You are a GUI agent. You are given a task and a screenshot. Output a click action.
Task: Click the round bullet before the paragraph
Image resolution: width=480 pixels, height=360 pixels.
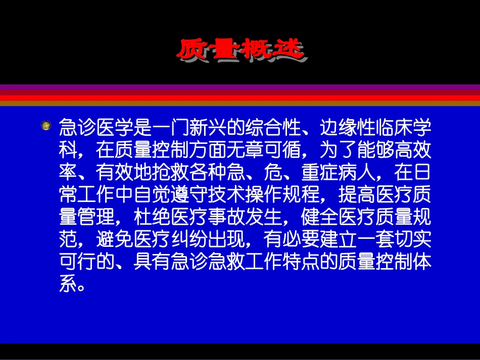click(x=46, y=125)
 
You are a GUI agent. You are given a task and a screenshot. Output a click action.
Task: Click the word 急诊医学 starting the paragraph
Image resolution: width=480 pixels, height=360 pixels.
click(x=96, y=127)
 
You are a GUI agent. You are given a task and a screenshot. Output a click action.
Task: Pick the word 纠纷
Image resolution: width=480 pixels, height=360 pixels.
click(x=208, y=244)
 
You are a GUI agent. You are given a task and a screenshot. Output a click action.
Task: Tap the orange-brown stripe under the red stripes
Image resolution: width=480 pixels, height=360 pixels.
click(x=240, y=104)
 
